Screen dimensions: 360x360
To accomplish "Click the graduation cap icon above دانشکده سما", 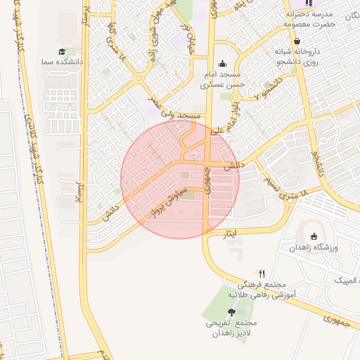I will tap(62, 52).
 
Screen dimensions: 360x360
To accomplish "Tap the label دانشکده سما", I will tap(62, 62).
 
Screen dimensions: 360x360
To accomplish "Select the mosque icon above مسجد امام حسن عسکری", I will tap(223, 64).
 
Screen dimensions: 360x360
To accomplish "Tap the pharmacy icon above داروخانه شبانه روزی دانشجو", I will tap(297, 41).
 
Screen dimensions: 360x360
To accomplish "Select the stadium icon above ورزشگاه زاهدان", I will tap(314, 237).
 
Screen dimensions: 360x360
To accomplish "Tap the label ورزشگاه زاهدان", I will tap(314, 248).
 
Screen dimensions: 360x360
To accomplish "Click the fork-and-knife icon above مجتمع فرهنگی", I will tap(262, 273).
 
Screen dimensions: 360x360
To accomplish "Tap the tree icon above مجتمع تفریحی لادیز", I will tap(231, 311).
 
